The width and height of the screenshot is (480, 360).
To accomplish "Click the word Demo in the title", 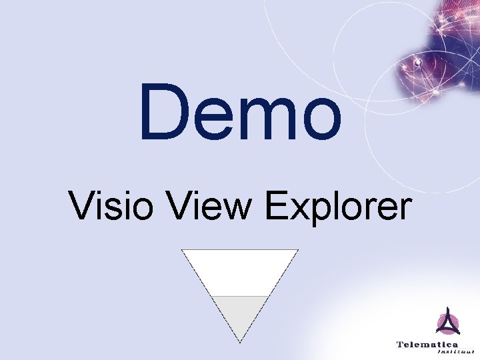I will pyautogui.click(x=240, y=112).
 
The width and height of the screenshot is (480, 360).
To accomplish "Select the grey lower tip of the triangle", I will pyautogui.click(x=240, y=313).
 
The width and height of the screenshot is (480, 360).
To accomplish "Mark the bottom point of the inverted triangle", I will pyautogui.click(x=240, y=342).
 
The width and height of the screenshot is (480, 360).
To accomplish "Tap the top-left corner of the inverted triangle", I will pyautogui.click(x=183, y=250).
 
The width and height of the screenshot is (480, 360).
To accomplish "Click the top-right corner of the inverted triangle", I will pyautogui.click(x=297, y=250).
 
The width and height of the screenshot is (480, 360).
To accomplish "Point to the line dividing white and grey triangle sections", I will pyautogui.click(x=240, y=296).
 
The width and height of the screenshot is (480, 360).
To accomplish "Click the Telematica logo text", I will pyautogui.click(x=427, y=344).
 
